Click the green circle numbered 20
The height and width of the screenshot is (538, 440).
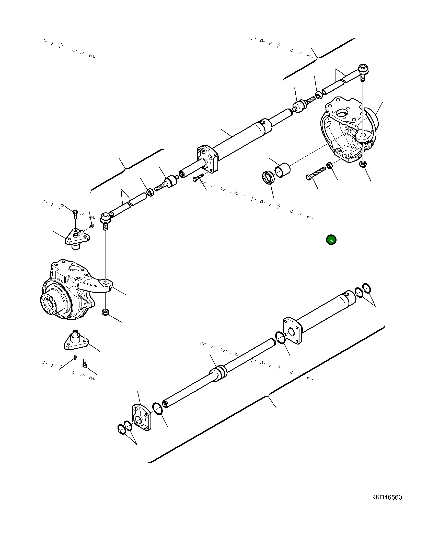coord(331,240)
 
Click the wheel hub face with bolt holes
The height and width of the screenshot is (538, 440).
coord(49,304)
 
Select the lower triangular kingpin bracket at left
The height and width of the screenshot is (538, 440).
coord(76,342)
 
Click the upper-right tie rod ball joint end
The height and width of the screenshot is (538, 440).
coord(363,69)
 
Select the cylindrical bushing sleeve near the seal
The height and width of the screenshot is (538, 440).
coord(282,170)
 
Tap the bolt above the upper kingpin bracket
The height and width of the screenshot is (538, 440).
coord(75,214)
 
